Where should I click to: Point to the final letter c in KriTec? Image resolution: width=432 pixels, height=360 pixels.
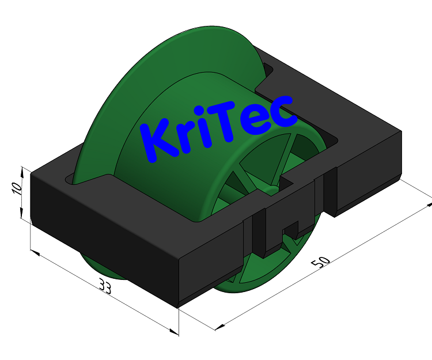(x=283, y=112)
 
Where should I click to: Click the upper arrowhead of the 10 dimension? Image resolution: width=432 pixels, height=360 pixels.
(x=22, y=170)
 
